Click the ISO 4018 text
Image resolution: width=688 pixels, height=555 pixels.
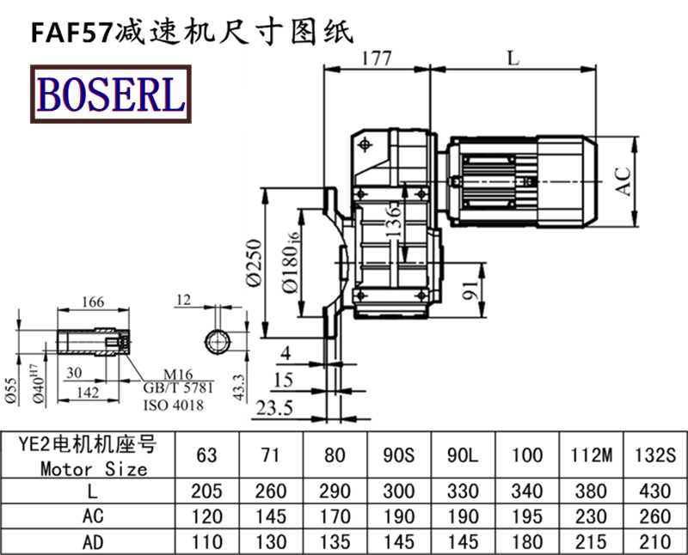pos(175,403)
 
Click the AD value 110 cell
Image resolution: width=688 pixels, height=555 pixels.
pos(206,543)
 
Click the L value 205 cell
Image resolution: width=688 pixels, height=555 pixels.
pos(206,491)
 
